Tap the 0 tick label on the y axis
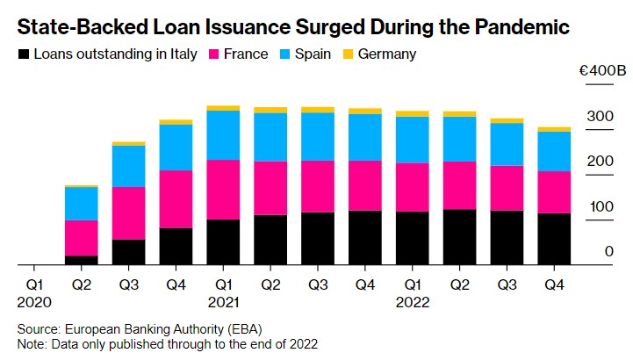(608, 252)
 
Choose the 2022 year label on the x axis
(413, 301)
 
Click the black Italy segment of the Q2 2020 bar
(81, 260)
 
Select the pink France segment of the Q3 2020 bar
(128, 212)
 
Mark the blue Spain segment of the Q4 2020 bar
(176, 147)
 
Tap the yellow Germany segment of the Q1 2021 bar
(223, 108)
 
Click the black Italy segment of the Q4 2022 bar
(554, 238)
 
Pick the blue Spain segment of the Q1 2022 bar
(413, 140)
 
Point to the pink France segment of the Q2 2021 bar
(270, 188)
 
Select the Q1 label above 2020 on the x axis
(33, 285)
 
